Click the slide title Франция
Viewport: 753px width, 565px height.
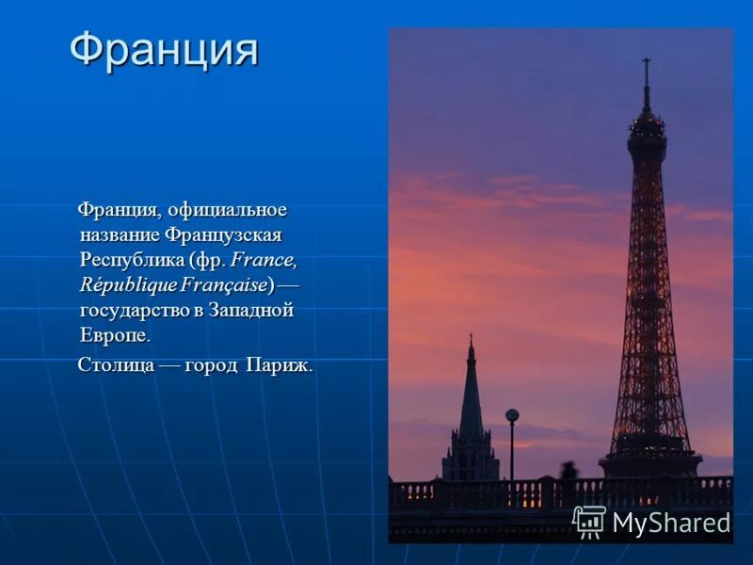(164, 49)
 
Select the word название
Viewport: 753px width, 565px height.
(120, 234)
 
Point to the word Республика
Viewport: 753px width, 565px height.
(131, 259)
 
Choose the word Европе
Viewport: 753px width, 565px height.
(115, 335)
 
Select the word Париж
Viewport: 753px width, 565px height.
(278, 364)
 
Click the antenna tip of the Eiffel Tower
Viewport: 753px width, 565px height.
(646, 62)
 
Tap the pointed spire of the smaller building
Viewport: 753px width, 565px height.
(471, 341)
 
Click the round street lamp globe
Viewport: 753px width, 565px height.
(512, 415)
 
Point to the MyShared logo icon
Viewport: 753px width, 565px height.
(589, 522)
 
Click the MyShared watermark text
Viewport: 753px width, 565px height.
(671, 524)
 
